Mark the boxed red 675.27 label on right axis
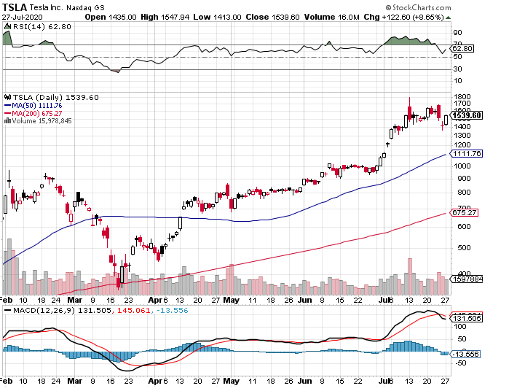pyautogui.click(x=465, y=213)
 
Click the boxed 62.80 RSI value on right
pyautogui.click(x=463, y=49)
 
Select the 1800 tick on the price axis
pyautogui.click(x=461, y=96)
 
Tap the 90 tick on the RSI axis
pyautogui.click(x=457, y=33)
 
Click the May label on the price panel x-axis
pyautogui.click(x=232, y=300)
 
